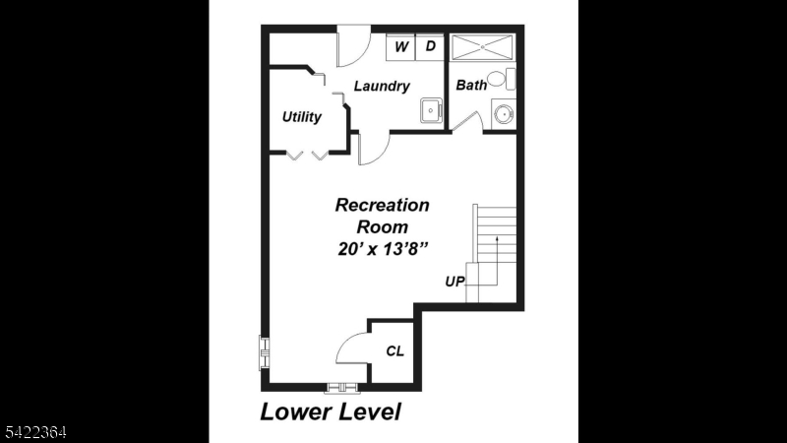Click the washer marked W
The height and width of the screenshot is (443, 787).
(401, 46)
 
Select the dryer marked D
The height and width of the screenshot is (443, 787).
(430, 46)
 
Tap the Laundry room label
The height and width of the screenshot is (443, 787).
(382, 87)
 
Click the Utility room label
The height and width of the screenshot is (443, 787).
(302, 117)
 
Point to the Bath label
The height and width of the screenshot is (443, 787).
(471, 86)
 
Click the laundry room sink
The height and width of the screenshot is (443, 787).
(430, 110)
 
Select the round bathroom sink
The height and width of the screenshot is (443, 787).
(503, 113)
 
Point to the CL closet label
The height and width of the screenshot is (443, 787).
(394, 351)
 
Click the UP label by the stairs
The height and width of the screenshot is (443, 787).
(454, 282)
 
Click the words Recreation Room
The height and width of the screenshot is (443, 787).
(383, 216)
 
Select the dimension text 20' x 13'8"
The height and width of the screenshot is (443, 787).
(383, 249)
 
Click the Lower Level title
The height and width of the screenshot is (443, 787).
(331, 411)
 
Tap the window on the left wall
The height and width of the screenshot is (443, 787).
(264, 352)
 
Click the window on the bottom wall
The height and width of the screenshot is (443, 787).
(343, 387)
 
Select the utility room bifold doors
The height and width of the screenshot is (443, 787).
(307, 155)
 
